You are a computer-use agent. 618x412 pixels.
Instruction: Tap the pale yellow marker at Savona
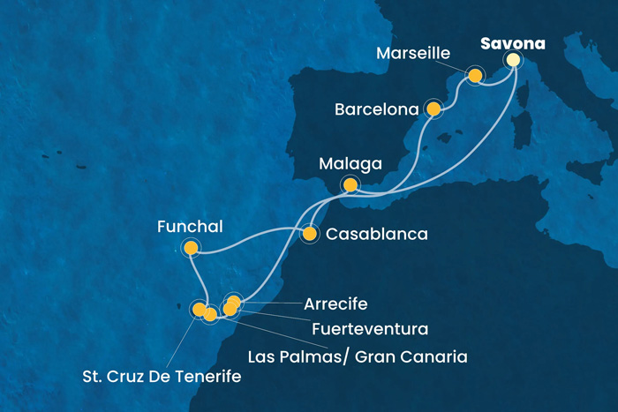click(513, 59)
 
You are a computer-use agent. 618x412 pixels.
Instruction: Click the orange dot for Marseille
click(476, 76)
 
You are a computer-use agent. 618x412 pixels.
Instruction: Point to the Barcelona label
click(376, 111)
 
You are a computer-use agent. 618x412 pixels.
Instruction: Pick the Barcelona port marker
click(433, 109)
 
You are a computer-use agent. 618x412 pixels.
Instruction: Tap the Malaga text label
click(351, 164)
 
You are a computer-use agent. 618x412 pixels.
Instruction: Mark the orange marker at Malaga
click(350, 185)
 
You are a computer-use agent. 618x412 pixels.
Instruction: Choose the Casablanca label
click(377, 235)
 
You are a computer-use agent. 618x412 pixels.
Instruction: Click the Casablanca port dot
click(310, 235)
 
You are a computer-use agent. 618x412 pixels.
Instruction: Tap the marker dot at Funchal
click(191, 249)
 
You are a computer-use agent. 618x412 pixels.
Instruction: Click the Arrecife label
click(335, 303)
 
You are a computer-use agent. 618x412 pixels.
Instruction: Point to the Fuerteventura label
click(371, 329)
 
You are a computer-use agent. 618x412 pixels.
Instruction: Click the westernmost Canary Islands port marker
click(199, 309)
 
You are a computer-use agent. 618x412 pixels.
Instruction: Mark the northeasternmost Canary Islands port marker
click(234, 303)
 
